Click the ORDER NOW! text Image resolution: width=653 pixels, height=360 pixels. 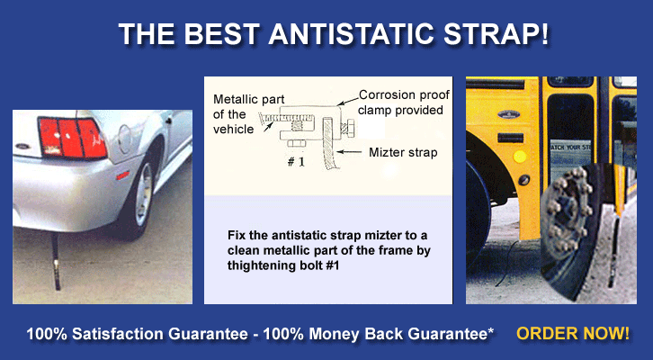573,334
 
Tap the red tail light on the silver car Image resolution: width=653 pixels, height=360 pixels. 72,138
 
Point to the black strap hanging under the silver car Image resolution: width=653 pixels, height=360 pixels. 56,261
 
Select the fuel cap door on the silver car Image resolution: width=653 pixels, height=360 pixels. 125,139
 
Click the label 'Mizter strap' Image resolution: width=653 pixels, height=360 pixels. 403,152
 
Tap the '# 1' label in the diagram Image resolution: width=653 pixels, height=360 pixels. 296,162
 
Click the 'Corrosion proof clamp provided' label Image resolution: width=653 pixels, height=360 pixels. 404,103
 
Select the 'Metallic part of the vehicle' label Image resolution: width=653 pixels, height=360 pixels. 248,114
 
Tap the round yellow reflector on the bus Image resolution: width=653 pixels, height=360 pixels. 519,157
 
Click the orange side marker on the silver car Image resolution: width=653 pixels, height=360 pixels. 122,175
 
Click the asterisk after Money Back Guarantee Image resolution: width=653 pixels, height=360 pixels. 490,331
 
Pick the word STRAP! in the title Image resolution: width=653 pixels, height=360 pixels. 496,34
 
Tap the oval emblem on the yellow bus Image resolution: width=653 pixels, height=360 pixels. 509,114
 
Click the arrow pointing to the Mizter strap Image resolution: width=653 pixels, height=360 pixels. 349,152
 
